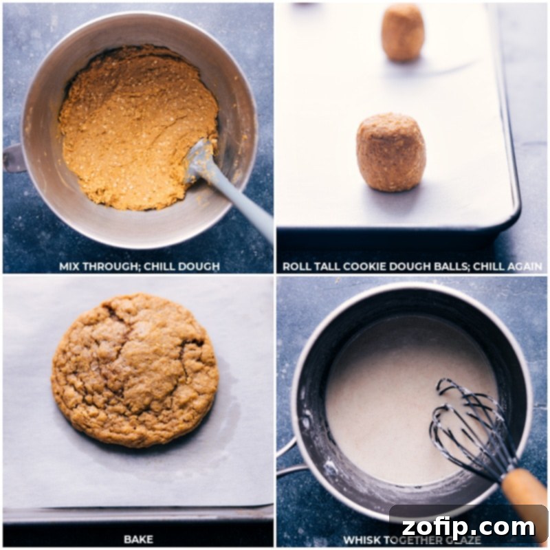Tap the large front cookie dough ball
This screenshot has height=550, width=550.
(x=390, y=152)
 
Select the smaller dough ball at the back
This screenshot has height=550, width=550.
(x=403, y=32)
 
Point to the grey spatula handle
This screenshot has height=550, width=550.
(x=241, y=206)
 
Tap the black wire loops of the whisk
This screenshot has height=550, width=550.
(x=467, y=419)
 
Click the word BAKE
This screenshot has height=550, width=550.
(x=138, y=538)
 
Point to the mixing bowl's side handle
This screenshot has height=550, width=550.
(x=14, y=157)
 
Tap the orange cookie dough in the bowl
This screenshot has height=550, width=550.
(x=131, y=124)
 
